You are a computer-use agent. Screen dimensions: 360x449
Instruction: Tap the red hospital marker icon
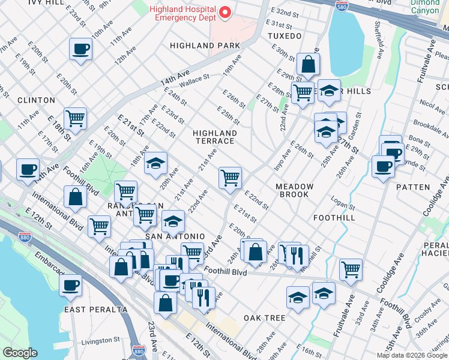pos(226,12)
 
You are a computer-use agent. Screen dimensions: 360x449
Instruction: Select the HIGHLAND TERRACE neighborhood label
pos(214,137)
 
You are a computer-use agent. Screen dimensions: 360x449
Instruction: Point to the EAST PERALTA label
pos(95,310)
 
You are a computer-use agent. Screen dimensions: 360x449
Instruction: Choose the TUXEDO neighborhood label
pos(285,36)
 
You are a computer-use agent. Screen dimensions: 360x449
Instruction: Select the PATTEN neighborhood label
pos(413,187)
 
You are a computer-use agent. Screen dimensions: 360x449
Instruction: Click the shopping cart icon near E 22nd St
pos(230,178)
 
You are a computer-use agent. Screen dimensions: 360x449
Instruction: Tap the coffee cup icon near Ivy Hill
pos(80,49)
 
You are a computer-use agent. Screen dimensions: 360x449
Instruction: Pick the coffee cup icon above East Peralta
pos(71,284)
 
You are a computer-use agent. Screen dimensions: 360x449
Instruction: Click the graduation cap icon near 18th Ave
pos(155,163)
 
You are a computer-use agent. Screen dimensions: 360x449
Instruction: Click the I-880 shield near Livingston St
pos(138,350)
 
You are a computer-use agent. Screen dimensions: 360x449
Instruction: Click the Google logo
pos(20,353)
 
